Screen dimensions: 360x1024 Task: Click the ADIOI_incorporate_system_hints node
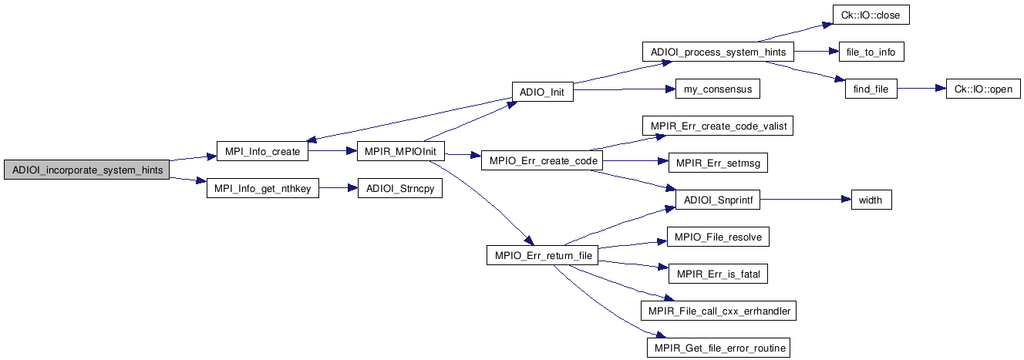tap(86, 170)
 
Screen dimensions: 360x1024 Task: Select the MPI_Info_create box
tap(262, 153)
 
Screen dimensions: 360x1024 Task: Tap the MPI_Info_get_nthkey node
tap(262, 189)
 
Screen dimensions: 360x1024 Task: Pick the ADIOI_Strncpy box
tap(399, 189)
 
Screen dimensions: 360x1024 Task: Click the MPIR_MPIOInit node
tap(401, 153)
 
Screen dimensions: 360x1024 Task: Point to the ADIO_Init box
tap(542, 92)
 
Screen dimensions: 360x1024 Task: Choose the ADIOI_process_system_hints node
tap(718, 52)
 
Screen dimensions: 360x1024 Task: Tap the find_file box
tap(871, 89)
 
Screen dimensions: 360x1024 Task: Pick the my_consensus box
tap(717, 89)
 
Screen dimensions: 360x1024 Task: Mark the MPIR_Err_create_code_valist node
tap(718, 126)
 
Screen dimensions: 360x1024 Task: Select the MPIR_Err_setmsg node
tap(718, 163)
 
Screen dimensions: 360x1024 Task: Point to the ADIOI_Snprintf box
tap(718, 200)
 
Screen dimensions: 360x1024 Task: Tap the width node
tap(871, 200)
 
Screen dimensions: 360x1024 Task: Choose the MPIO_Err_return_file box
tap(542, 255)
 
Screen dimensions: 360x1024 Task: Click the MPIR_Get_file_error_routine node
tap(718, 348)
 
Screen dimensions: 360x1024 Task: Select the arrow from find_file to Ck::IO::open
tap(921, 89)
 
